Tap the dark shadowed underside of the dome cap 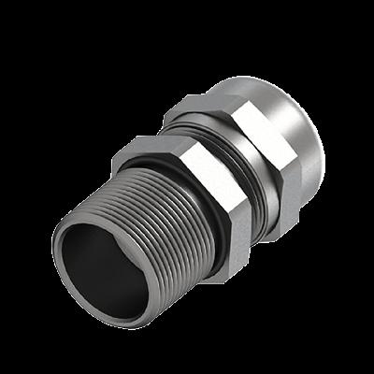[x=313, y=178]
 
